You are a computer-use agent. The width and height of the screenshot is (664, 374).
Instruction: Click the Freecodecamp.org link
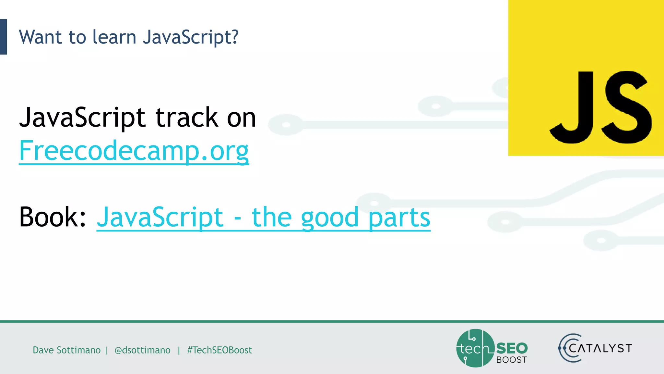pyautogui.click(x=134, y=151)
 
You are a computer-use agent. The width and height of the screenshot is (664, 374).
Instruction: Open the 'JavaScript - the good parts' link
pyautogui.click(x=263, y=218)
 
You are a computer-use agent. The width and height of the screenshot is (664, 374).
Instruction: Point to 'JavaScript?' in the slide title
pyautogui.click(x=191, y=37)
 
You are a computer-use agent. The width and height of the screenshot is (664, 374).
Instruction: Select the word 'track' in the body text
pyautogui.click(x=187, y=117)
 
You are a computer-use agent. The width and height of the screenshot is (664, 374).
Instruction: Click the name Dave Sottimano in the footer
pyautogui.click(x=66, y=350)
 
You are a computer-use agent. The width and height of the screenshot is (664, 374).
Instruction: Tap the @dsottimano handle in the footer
pyautogui.click(x=142, y=350)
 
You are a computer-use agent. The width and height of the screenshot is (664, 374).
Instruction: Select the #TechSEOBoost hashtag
pyautogui.click(x=219, y=350)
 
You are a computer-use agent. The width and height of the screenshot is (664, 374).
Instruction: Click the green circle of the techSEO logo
pyautogui.click(x=475, y=348)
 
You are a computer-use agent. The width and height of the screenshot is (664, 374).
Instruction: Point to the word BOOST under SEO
pyautogui.click(x=511, y=360)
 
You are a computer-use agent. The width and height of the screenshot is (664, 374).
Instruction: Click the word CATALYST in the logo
pyautogui.click(x=600, y=348)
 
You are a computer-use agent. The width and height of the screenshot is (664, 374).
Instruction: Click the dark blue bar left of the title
pyautogui.click(x=3, y=37)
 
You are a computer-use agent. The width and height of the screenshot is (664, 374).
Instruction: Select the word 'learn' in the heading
pyautogui.click(x=114, y=37)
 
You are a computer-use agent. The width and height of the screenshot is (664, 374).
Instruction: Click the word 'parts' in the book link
pyautogui.click(x=399, y=218)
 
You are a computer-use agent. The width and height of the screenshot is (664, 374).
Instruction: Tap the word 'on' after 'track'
pyautogui.click(x=241, y=117)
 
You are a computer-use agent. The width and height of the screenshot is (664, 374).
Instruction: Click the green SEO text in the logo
pyautogui.click(x=512, y=348)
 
